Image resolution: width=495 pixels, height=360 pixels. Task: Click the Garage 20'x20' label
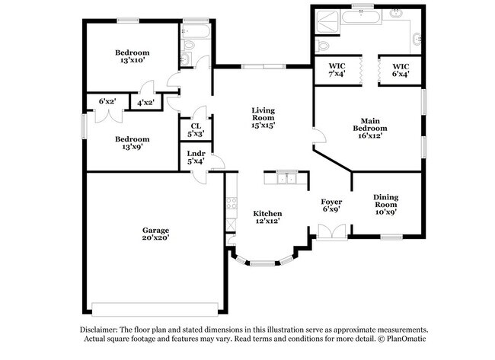[155, 234]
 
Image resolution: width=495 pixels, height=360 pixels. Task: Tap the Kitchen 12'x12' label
[267, 217]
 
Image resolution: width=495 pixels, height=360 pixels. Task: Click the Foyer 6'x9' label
[331, 205]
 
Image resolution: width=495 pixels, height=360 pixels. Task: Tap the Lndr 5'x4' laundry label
[196, 158]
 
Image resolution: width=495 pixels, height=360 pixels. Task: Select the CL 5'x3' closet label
[196, 130]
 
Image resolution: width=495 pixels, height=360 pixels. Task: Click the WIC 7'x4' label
[337, 71]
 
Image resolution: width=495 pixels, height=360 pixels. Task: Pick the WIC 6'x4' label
[401, 71]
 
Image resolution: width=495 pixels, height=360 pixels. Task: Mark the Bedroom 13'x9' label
[132, 143]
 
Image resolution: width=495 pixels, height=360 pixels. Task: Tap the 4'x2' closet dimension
[145, 102]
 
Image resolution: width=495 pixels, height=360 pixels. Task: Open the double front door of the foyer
[331, 231]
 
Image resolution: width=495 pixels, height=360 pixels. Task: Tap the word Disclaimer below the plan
[101, 328]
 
